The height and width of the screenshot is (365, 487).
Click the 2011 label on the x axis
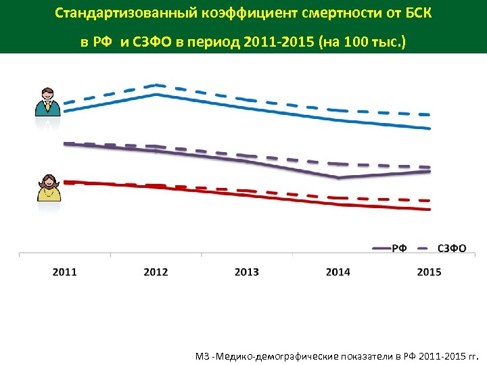pos(64,272)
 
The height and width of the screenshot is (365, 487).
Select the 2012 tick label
pos(156,272)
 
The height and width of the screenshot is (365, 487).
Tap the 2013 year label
pos(247,272)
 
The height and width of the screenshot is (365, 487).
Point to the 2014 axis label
pos(338,272)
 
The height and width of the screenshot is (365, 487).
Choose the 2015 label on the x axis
pos(429,272)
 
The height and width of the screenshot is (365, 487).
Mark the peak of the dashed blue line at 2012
pos(156,85)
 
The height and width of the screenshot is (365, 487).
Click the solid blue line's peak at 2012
pos(156,95)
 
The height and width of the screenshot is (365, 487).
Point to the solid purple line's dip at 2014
pos(338,178)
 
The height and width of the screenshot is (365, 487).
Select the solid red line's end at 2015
pos(430,210)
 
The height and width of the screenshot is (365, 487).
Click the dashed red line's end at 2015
pos(430,201)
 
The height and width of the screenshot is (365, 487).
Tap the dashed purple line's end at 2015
pos(430,167)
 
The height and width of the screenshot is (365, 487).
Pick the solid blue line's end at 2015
pos(430,128)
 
